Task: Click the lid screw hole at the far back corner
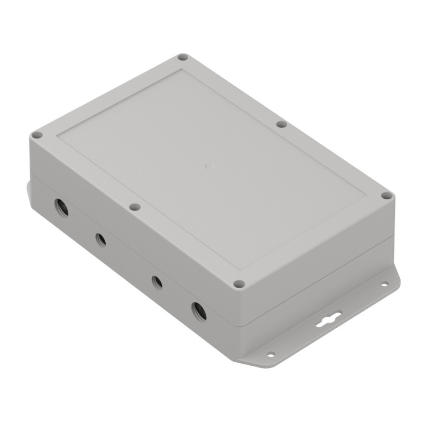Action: pyautogui.click(x=182, y=57)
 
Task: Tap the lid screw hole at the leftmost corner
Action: pyautogui.click(x=36, y=135)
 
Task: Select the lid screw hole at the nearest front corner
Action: pyautogui.click(x=238, y=284)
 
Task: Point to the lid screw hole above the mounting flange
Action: pyautogui.click(x=387, y=196)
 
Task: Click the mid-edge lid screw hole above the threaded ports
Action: pyautogui.click(x=135, y=207)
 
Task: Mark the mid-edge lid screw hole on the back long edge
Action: pyautogui.click(x=281, y=124)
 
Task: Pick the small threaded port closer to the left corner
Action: pyautogui.click(x=100, y=240)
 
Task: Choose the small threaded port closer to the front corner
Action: pyautogui.click(x=157, y=282)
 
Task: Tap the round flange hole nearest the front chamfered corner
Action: pyautogui.click(x=271, y=354)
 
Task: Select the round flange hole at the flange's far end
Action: pyautogui.click(x=384, y=284)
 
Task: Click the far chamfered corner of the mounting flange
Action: pyautogui.click(x=397, y=275)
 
